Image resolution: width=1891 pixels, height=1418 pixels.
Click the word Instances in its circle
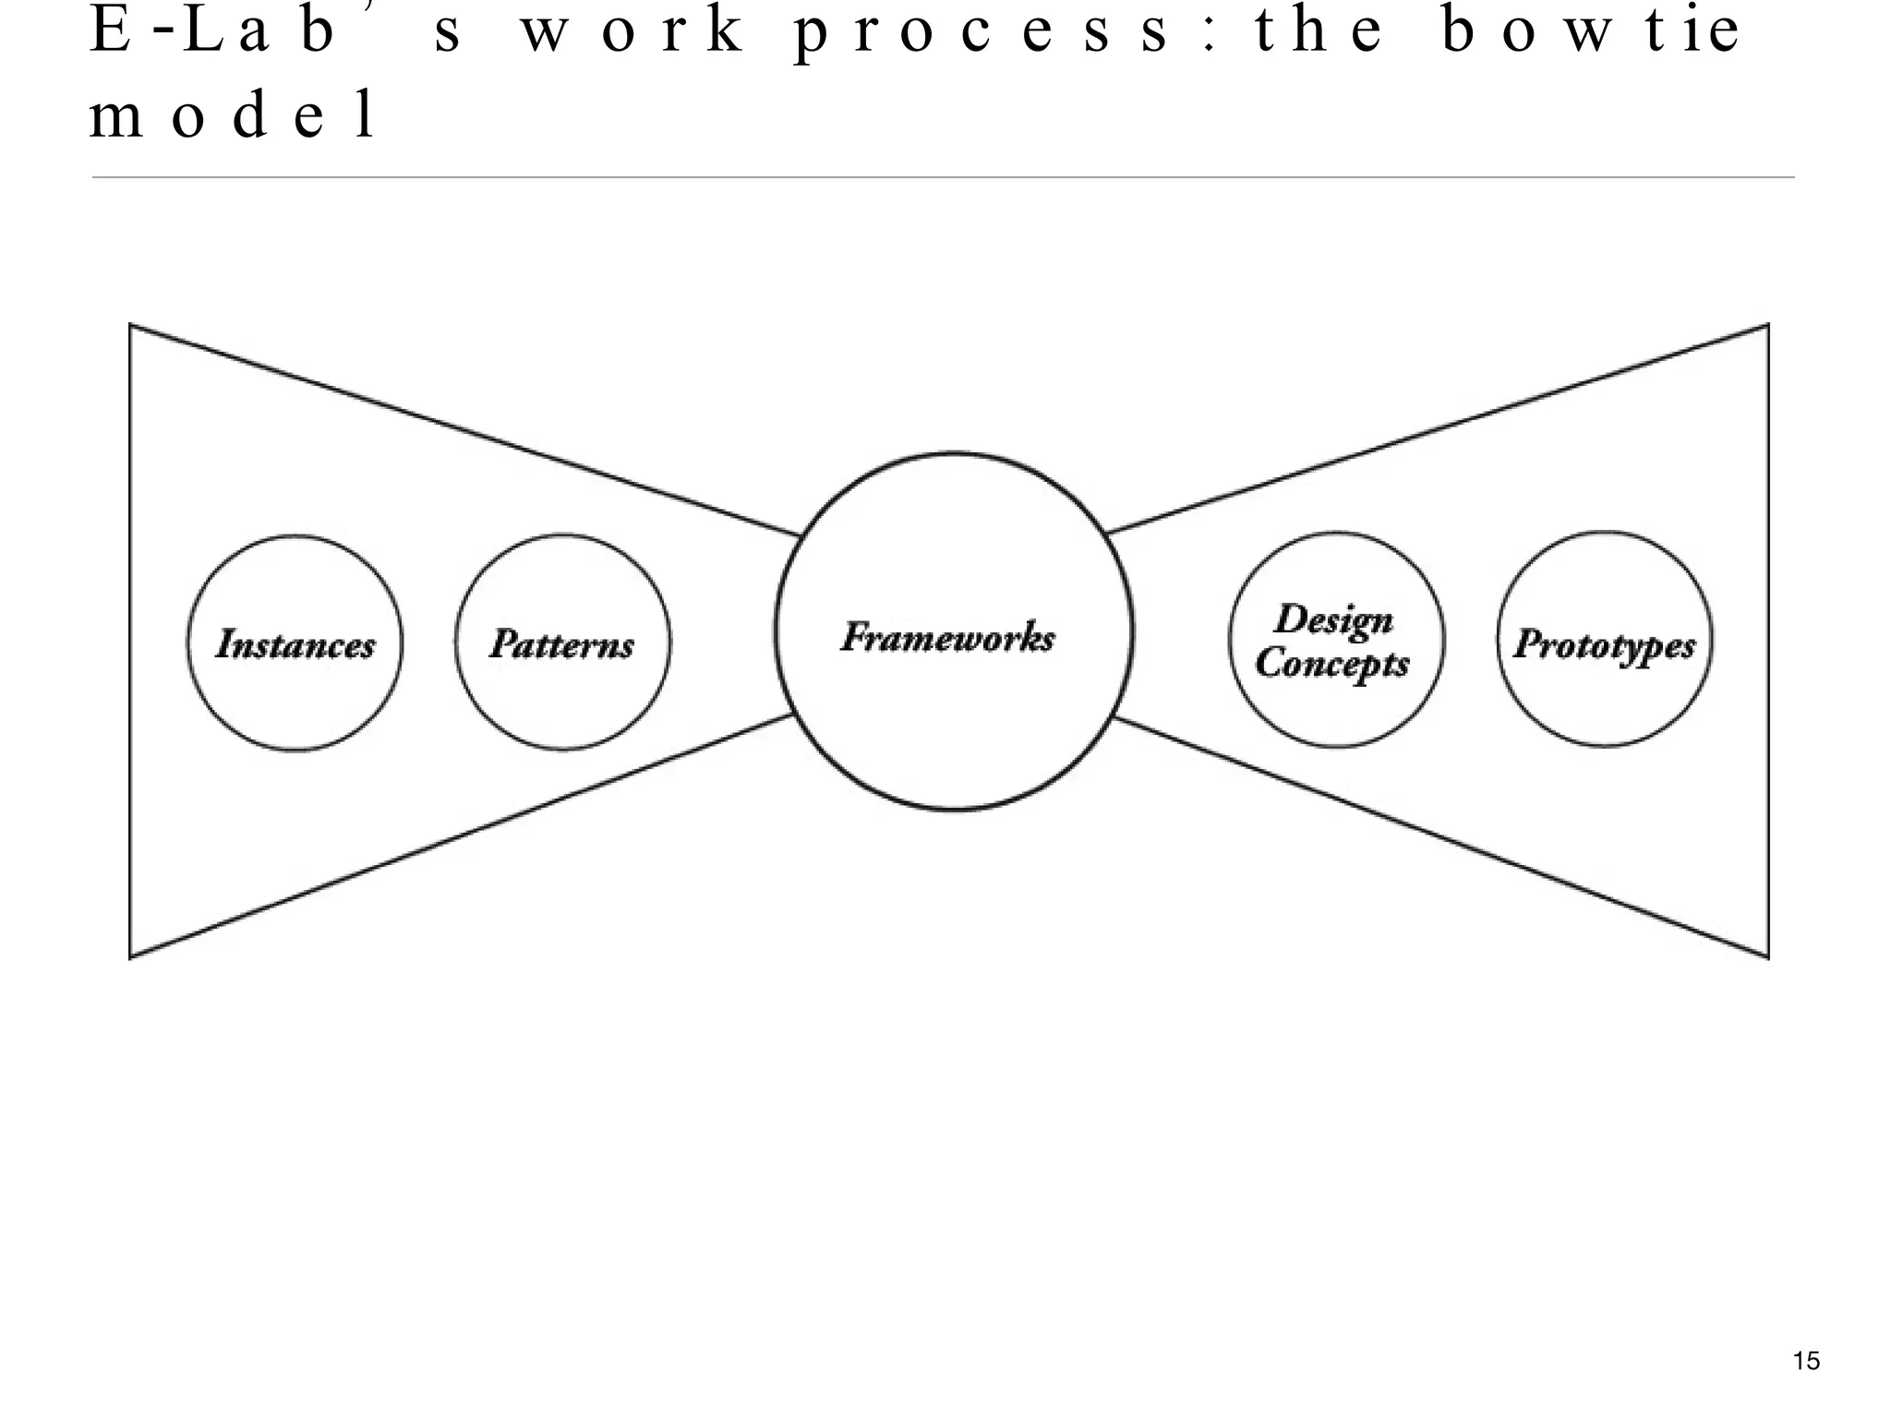click(x=295, y=643)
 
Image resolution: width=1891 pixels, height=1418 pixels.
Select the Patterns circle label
click(x=562, y=643)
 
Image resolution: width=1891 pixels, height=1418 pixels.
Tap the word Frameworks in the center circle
click(x=948, y=637)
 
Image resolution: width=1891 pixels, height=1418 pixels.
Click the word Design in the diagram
click(x=1334, y=619)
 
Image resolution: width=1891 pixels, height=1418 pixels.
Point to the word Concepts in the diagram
click(x=1332, y=663)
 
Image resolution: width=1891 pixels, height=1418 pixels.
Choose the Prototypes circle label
click(x=1605, y=643)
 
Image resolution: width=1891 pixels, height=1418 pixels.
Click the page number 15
click(x=1806, y=1361)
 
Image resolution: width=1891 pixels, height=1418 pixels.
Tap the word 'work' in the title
click(x=632, y=31)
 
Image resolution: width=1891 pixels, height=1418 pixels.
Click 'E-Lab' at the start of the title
click(x=212, y=30)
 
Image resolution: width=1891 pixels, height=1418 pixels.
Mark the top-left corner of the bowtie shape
click(x=130, y=325)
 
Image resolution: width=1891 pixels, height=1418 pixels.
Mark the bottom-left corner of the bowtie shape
click(x=130, y=957)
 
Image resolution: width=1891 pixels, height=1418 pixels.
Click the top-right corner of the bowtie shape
click(x=1767, y=325)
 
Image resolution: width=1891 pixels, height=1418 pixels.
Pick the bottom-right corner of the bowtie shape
click(x=1767, y=957)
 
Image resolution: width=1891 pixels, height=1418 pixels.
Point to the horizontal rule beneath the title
click(x=942, y=176)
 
